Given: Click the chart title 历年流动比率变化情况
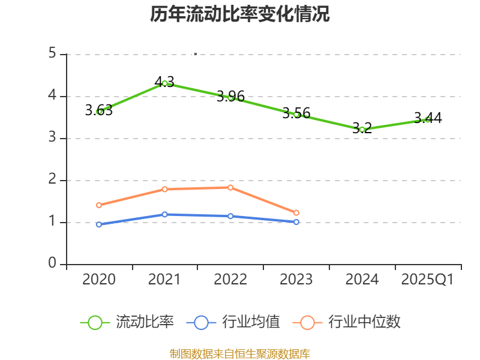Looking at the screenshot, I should [240, 14].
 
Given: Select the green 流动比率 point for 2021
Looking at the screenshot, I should [164, 83].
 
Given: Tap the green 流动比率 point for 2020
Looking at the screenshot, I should [99, 112].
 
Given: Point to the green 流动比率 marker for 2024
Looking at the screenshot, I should [362, 130].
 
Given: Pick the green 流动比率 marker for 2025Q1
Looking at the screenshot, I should [427, 119].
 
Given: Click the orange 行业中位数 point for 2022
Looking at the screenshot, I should [230, 187].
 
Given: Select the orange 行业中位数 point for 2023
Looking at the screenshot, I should [296, 212].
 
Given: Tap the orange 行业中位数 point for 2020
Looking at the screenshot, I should [99, 205].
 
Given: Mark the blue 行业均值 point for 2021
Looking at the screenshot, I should [164, 214].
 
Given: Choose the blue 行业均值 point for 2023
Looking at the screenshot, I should [296, 222].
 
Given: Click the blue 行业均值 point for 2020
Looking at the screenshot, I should [99, 224].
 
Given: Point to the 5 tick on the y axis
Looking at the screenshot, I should [53, 54].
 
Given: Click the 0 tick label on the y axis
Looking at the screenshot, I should [53, 264].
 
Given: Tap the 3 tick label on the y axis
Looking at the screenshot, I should [53, 138].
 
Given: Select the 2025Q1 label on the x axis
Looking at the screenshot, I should [427, 280].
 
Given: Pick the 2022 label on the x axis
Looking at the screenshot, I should [230, 280].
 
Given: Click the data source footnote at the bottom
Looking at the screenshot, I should [240, 353].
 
